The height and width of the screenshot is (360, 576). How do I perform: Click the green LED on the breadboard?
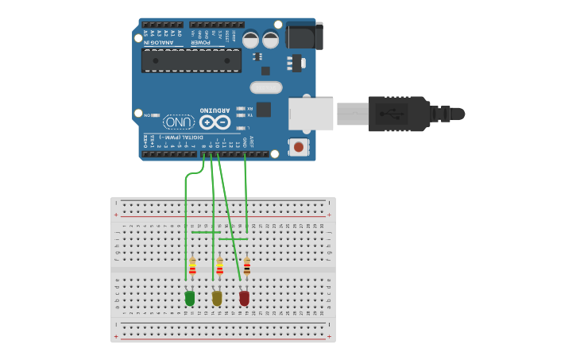click(189, 298)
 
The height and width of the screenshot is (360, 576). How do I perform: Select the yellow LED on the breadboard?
click(217, 298)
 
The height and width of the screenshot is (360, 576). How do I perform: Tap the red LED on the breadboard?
click(244, 298)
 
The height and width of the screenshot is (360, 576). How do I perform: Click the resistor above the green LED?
click(192, 266)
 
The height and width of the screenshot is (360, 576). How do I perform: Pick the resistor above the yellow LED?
click(219, 266)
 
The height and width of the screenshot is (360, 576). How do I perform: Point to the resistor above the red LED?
click(247, 265)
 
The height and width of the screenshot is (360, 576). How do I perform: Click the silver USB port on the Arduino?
click(311, 114)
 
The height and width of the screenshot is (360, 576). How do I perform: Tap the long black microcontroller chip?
click(191, 60)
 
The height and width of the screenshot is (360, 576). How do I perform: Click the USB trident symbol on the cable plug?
click(393, 113)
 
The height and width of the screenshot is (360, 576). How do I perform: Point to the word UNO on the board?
click(179, 122)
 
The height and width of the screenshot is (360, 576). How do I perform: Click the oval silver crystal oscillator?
click(265, 87)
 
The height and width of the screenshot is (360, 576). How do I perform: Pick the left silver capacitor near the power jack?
click(251, 39)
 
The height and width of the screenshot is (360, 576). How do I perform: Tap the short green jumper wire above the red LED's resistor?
click(234, 238)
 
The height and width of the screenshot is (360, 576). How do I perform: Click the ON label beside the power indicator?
click(148, 115)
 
